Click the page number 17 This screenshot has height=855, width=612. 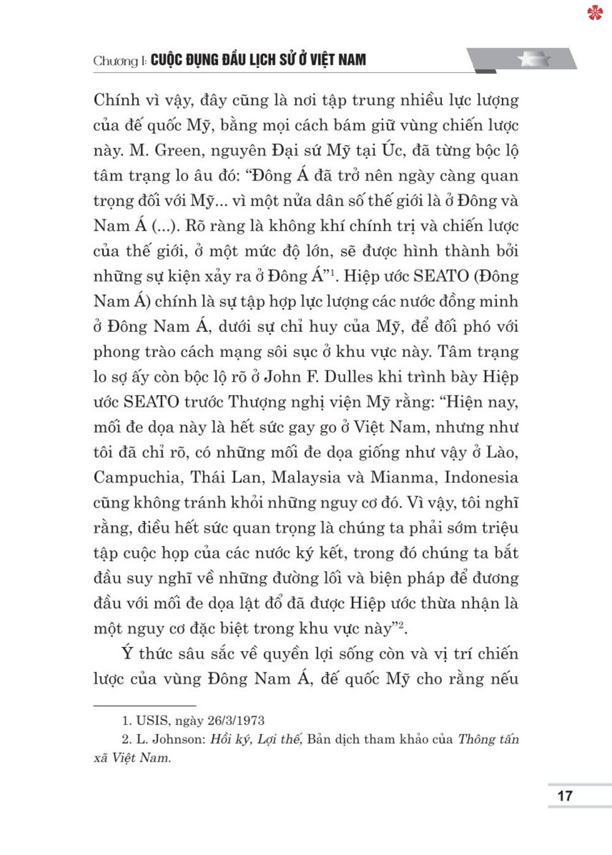pos(565,796)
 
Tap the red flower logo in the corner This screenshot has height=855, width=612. pos(595,12)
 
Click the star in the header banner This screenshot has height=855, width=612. pos(534,59)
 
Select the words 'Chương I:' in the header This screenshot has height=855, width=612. pos(120,61)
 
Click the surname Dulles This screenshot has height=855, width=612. pos(349,376)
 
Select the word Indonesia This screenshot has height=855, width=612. pos(481,477)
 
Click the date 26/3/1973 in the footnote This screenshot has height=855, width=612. pos(236,720)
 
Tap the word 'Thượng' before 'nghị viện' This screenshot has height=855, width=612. pos(255,402)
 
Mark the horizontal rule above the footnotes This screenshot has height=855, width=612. pos(144,706)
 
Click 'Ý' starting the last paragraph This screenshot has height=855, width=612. pos(127,653)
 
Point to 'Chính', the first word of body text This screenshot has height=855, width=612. pos(117,100)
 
